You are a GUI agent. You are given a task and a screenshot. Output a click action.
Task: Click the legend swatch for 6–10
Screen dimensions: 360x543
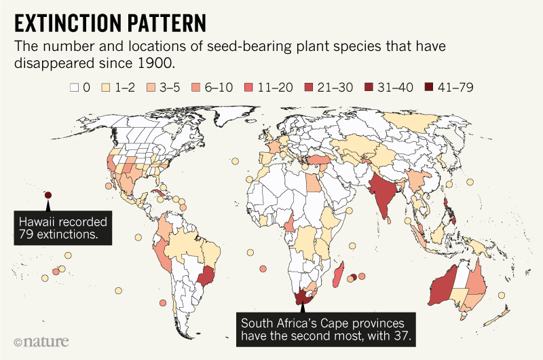tap(198, 87)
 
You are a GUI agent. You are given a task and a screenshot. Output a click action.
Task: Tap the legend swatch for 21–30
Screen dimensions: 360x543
tap(308, 87)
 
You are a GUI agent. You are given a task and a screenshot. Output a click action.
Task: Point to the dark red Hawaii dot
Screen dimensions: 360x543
tap(48, 196)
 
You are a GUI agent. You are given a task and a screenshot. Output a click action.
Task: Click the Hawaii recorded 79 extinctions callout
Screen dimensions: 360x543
tap(62, 228)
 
